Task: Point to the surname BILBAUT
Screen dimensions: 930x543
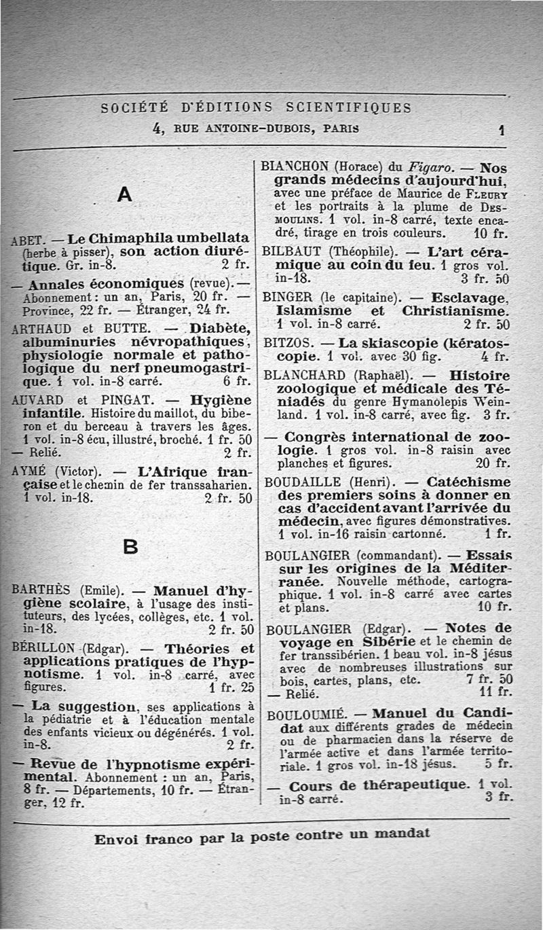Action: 291,249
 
